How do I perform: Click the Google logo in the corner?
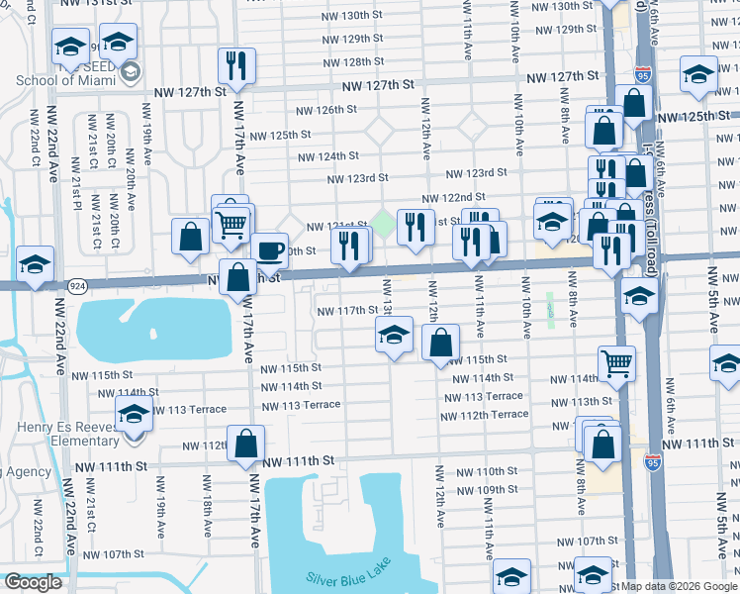(33, 582)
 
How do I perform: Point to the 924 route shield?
(76, 285)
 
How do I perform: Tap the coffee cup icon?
(269, 249)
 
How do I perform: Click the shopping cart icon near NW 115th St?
(616, 362)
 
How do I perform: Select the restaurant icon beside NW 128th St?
(236, 65)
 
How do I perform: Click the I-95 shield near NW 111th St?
(652, 461)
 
